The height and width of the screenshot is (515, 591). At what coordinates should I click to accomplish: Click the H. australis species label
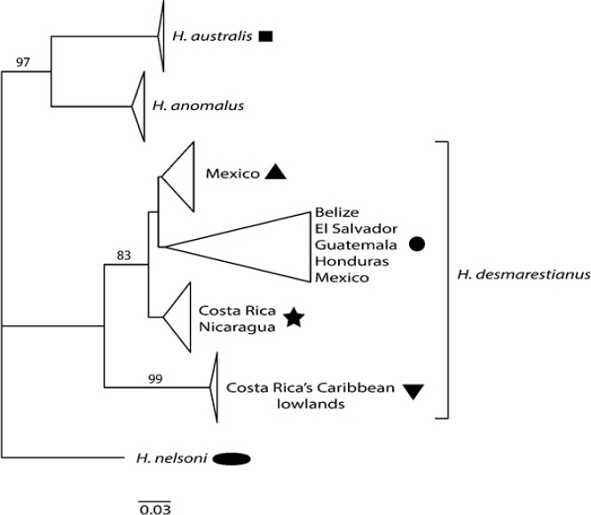point(211,37)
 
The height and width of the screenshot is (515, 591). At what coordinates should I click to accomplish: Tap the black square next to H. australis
point(265,37)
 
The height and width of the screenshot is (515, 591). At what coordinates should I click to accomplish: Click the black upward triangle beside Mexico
point(276,173)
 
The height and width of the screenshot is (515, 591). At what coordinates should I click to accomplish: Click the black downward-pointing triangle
point(414,389)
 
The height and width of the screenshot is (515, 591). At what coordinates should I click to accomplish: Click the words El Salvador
point(351,229)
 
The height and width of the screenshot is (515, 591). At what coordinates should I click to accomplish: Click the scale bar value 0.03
point(154,509)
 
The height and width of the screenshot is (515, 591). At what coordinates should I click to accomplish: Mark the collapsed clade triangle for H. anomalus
point(139,107)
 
